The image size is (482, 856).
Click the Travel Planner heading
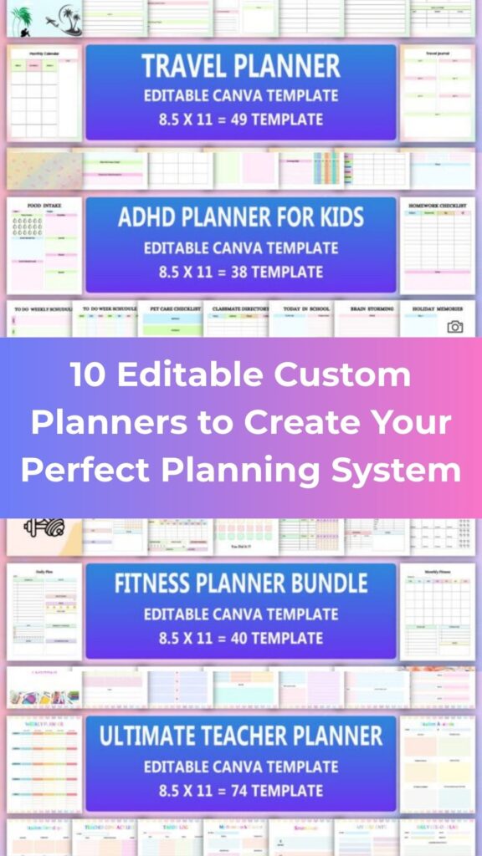[x=240, y=66]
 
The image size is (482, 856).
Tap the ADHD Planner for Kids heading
[x=240, y=218]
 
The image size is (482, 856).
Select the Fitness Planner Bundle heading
[x=240, y=583]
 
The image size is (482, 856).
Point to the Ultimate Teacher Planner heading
[x=240, y=736]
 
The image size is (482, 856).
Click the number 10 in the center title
[x=89, y=375]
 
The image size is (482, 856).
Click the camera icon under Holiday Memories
[x=454, y=327]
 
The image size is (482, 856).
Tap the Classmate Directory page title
[x=240, y=308]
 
